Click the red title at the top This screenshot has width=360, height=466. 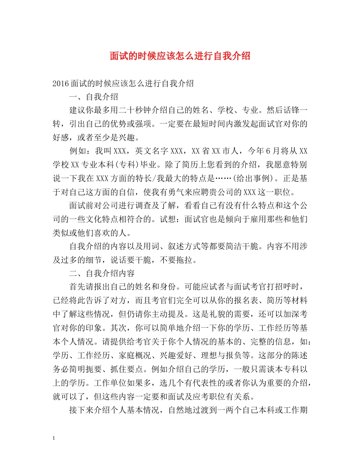[180, 56]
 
